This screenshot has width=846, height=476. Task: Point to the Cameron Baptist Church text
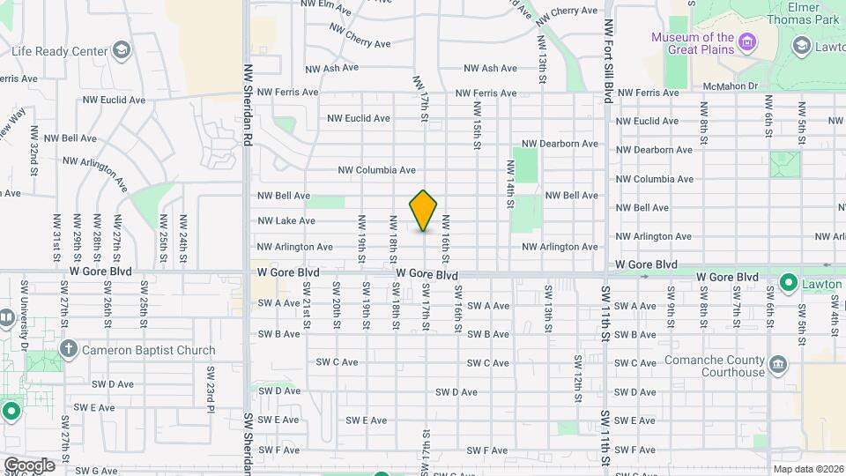click(148, 350)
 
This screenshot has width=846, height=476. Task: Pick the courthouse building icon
click(778, 364)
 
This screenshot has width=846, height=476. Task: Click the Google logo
click(28, 465)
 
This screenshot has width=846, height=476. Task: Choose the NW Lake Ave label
click(286, 221)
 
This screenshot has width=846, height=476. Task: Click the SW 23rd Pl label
click(211, 387)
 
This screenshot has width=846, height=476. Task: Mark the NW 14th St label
click(510, 183)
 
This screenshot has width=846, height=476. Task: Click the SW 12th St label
click(579, 375)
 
